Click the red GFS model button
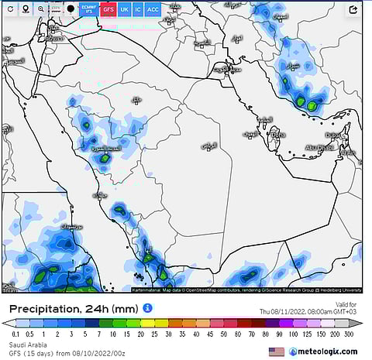click(108, 9)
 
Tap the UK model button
click(124, 9)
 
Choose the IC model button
click(138, 9)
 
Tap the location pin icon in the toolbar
click(25, 9)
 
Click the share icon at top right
click(353, 10)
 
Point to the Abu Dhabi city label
click(319, 147)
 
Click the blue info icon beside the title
click(147, 308)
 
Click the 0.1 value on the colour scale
click(15, 334)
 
